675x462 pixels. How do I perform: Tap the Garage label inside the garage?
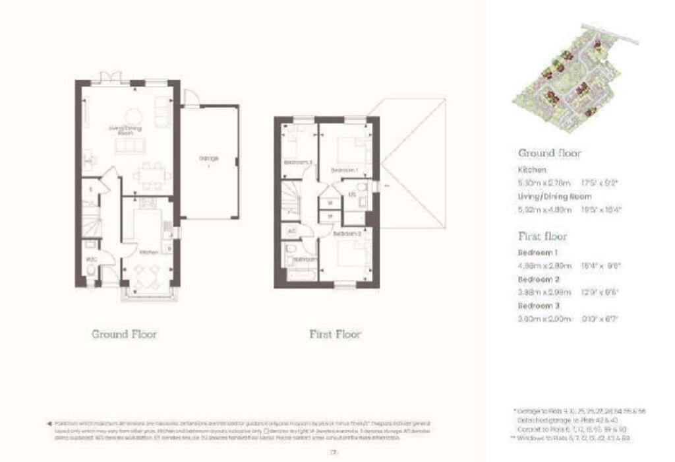point(208,158)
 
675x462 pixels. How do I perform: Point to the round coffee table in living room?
point(134,114)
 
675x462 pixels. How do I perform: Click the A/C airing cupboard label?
point(291,231)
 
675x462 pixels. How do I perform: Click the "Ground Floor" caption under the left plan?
point(124,334)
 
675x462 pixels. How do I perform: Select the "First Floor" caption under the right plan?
point(335,334)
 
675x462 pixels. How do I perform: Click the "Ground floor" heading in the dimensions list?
point(549,153)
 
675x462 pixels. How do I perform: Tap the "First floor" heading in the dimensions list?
point(542,236)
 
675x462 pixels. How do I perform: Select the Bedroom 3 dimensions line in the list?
point(569,318)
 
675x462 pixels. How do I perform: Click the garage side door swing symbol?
point(191,98)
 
